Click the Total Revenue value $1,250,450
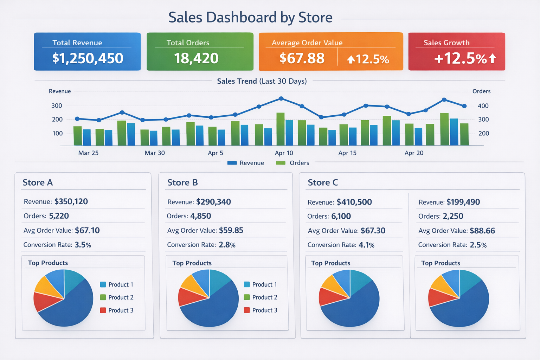click(88, 58)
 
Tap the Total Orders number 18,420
click(196, 58)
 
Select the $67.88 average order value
click(302, 58)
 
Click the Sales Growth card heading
click(446, 43)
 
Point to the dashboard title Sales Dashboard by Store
click(250, 17)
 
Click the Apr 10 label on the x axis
click(284, 153)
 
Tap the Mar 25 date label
click(88, 153)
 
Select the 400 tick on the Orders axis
click(483, 106)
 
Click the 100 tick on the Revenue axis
click(57, 134)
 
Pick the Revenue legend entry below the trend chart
click(246, 163)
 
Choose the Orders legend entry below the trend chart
click(293, 163)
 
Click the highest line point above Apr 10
click(281, 99)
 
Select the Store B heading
click(182, 182)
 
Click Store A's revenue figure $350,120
click(71, 201)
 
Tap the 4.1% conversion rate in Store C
click(366, 245)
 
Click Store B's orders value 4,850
click(200, 216)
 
